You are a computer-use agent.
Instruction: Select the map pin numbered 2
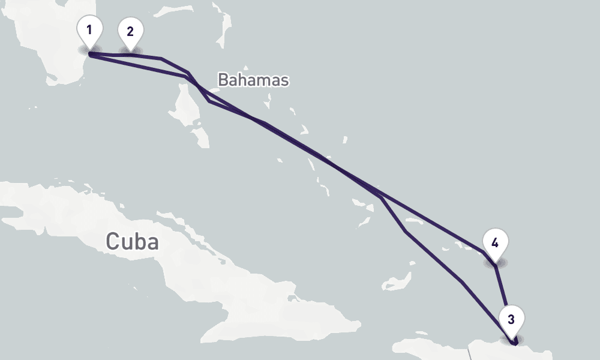[130, 32]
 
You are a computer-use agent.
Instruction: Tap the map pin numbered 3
[511, 320]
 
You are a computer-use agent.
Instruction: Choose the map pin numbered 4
[494, 244]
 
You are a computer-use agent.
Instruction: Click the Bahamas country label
[253, 80]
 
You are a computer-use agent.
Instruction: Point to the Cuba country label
[132, 241]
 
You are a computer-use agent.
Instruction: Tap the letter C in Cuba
[113, 241]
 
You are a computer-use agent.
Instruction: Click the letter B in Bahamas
[223, 80]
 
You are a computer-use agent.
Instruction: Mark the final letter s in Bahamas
[284, 80]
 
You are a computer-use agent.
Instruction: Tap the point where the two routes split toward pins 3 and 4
[380, 196]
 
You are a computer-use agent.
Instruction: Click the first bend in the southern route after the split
[406, 231]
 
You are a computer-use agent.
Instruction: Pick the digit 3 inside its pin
[511, 319]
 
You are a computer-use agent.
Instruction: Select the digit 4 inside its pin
[494, 243]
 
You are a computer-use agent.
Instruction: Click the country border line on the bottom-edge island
[470, 352]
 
